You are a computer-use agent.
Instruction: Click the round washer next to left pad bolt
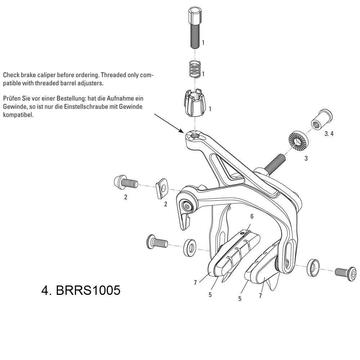click(190, 247)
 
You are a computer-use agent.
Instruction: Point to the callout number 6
click(252, 216)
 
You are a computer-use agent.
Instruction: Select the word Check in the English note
click(11, 76)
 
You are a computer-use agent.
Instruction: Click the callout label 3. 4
click(329, 134)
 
